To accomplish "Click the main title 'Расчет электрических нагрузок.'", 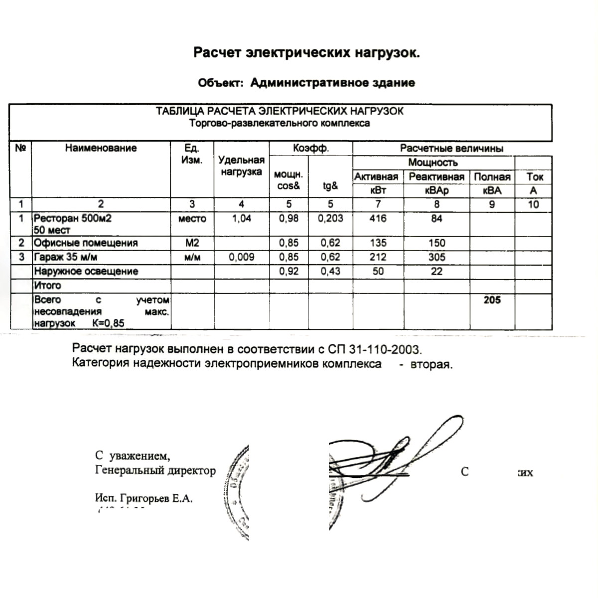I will [306, 53].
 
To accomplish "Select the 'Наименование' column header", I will [101, 148].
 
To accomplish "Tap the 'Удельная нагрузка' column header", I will [241, 166].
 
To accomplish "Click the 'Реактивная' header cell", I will [437, 177].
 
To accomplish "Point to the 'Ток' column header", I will [535, 177].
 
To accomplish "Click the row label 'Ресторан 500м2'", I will [69, 218].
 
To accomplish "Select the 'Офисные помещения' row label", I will [85, 243].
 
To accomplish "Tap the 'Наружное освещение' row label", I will [86, 272].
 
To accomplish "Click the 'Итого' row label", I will [47, 286].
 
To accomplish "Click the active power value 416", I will [378, 218].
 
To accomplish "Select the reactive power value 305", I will [437, 257].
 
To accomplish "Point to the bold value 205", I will [492, 300].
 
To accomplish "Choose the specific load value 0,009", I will [241, 257].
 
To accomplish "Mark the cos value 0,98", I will [289, 218].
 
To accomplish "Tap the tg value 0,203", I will [330, 218].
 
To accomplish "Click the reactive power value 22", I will [437, 272].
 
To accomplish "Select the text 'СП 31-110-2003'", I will [375, 348].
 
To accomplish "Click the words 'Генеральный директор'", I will [155, 470].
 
